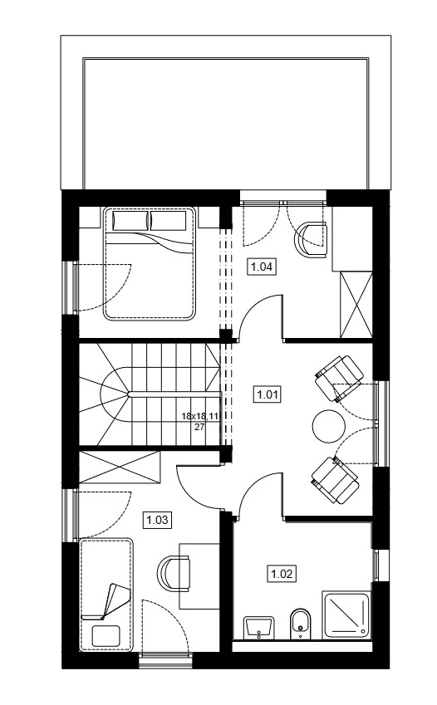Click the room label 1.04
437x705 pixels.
coord(262,267)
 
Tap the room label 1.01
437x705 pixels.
coord(268,394)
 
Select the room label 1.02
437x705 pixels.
coord(282,574)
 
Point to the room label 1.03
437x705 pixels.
coord(158,520)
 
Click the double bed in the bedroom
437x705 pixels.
coord(150,264)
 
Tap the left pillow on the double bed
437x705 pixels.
coord(130,221)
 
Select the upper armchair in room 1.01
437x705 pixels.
coord(339,379)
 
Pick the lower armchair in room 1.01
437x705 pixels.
coord(336,479)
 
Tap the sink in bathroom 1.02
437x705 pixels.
coord(258,627)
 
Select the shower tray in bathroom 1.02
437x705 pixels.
coord(346,614)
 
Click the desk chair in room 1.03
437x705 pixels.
coord(173,572)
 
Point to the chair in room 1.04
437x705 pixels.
coord(311,239)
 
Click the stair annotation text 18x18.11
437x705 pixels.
coord(200,416)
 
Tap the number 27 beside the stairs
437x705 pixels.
coord(200,427)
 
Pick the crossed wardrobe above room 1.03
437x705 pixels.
coord(120,468)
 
